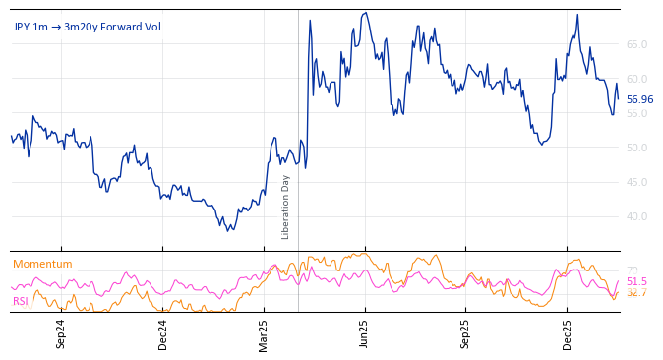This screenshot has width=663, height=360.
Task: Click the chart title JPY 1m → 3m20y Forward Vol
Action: coord(87,27)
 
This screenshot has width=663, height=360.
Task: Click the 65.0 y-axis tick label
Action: coord(636,44)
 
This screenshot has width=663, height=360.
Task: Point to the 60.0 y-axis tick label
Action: coord(636,79)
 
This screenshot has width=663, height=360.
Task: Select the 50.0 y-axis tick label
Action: coord(636,148)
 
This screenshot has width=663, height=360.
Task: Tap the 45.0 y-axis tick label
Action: coord(636,182)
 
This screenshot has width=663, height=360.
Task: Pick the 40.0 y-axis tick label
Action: coord(636,216)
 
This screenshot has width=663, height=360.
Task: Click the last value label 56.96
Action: coord(639,99)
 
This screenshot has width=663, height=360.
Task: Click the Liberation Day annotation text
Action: coord(286,207)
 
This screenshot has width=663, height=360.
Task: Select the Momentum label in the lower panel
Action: coord(42,264)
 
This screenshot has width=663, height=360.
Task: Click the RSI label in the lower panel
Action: coord(21,301)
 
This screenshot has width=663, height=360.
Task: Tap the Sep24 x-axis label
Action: coord(61,333)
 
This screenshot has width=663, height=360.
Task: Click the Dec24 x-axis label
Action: coord(163,333)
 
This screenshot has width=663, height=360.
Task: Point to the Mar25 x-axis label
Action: coord(264,333)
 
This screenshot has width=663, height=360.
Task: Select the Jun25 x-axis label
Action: coord(364,333)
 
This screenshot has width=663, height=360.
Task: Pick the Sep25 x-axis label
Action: coord(465,333)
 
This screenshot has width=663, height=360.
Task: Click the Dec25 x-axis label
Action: coord(567,333)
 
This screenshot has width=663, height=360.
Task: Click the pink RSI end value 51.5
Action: coord(636,281)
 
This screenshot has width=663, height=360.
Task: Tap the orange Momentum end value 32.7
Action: coord(636,293)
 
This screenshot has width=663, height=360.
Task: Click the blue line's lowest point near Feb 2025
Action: coord(228,230)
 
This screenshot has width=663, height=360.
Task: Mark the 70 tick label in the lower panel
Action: coord(633,270)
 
